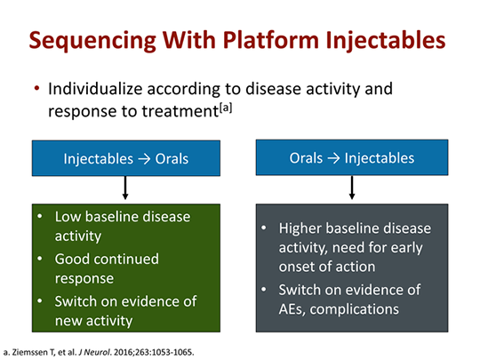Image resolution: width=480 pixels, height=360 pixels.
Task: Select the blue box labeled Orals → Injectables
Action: point(352,158)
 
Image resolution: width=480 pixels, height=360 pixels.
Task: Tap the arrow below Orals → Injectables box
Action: point(352,188)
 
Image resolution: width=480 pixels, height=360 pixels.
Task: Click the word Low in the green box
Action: point(69,216)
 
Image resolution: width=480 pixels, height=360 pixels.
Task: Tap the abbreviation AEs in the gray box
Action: point(292,308)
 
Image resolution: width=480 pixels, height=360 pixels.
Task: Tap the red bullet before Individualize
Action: point(36,90)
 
